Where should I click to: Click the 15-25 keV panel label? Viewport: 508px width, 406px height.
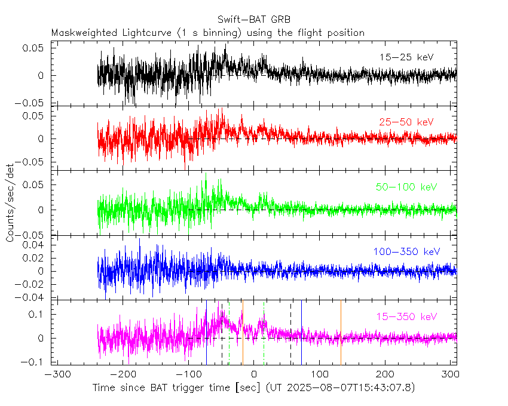click(x=406, y=57)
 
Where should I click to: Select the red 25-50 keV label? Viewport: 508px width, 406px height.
click(x=406, y=122)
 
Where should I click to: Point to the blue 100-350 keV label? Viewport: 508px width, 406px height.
click(x=406, y=252)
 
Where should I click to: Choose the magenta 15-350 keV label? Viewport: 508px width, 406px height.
click(x=406, y=316)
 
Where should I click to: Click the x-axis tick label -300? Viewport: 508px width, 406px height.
click(x=56, y=374)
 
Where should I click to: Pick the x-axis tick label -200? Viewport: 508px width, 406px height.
click(x=122, y=374)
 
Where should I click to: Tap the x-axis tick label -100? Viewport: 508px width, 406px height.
click(x=187, y=374)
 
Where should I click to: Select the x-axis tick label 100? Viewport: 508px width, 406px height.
click(x=319, y=374)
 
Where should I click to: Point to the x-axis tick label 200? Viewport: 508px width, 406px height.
click(x=385, y=374)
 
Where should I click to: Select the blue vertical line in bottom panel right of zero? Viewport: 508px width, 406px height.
click(x=301, y=331)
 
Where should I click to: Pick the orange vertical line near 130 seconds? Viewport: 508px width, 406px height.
click(x=341, y=331)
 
